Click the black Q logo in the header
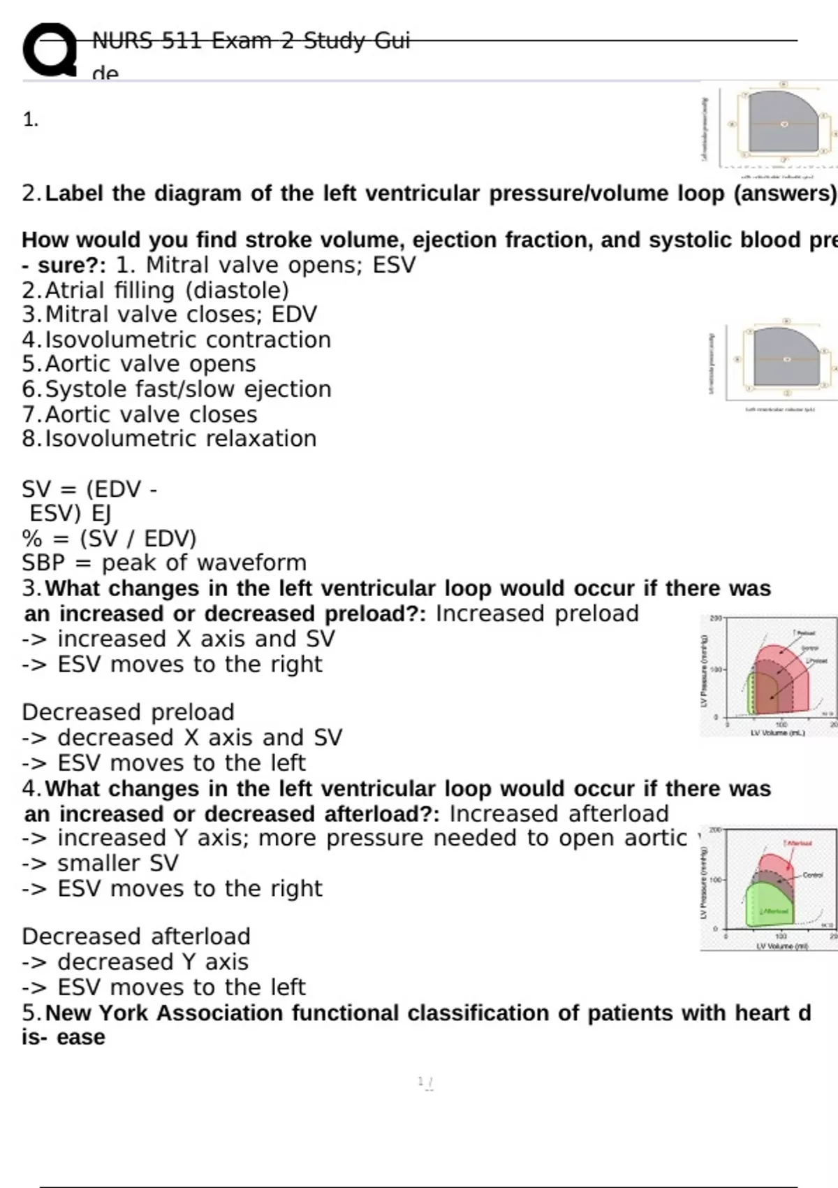[x=49, y=49]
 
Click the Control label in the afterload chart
[x=812, y=875]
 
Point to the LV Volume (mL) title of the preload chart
[x=777, y=733]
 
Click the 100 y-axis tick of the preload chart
[x=716, y=669]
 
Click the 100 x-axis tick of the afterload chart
[x=781, y=936]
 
